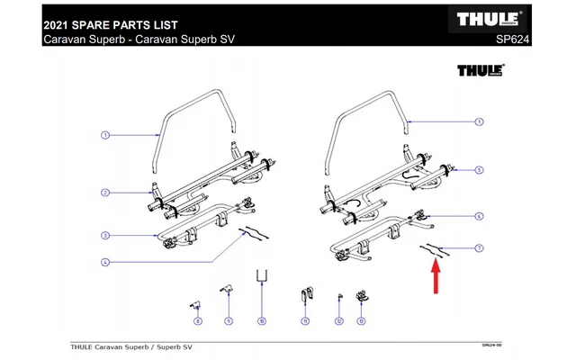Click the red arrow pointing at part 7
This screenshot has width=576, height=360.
pos(436,274)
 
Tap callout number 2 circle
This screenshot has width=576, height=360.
pos(104,193)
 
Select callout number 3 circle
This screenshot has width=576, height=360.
pos(104,236)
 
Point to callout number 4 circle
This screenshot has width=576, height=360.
pos(104,262)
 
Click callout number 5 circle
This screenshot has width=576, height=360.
pos(480,169)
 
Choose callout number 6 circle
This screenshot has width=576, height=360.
pos(480,216)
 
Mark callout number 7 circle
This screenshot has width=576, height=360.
pos(480,247)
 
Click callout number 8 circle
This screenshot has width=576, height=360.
pos(197,320)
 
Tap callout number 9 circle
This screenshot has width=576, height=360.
pos(228,320)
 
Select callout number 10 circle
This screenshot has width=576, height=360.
pos(261,320)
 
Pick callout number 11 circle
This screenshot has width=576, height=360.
pos(304,320)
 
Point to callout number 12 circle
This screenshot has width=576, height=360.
pos(338,320)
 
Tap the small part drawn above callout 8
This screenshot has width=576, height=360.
pos(193,302)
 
